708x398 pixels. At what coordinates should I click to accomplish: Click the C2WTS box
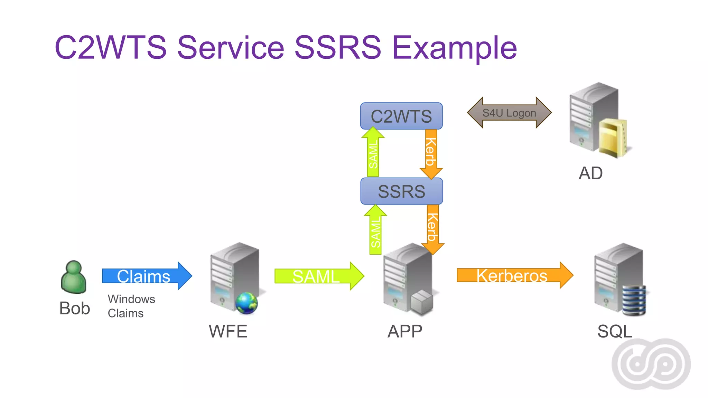pyautogui.click(x=401, y=116)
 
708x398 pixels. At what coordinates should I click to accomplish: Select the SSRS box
pyautogui.click(x=401, y=191)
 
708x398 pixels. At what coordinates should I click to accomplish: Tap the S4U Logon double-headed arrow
pyautogui.click(x=509, y=113)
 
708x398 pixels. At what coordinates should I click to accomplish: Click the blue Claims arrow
pyautogui.click(x=147, y=276)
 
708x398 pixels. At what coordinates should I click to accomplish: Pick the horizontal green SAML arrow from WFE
pyautogui.click(x=319, y=276)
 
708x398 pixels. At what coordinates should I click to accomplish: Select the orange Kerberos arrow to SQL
pyautogui.click(x=514, y=275)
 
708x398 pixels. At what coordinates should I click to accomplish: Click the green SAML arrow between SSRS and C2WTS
pyautogui.click(x=373, y=152)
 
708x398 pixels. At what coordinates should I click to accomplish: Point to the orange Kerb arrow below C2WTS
pyautogui.click(x=431, y=152)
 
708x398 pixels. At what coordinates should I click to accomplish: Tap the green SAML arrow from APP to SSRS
pyautogui.click(x=375, y=230)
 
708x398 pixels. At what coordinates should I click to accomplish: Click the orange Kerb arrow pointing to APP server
pyautogui.click(x=432, y=228)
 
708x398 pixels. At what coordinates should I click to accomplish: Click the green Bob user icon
pyautogui.click(x=73, y=277)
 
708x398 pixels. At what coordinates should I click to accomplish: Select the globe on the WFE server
pyautogui.click(x=246, y=303)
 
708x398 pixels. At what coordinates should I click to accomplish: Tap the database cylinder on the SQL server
pyautogui.click(x=634, y=300)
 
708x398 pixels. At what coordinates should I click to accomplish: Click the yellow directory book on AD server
pyautogui.click(x=612, y=138)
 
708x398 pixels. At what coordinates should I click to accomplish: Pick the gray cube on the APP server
pyautogui.click(x=422, y=302)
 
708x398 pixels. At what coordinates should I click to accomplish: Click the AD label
pyautogui.click(x=590, y=173)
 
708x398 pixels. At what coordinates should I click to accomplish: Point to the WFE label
pyautogui.click(x=228, y=331)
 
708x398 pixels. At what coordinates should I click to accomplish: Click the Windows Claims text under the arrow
pyautogui.click(x=131, y=306)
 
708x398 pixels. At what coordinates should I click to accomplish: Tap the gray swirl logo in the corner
pyautogui.click(x=651, y=364)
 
